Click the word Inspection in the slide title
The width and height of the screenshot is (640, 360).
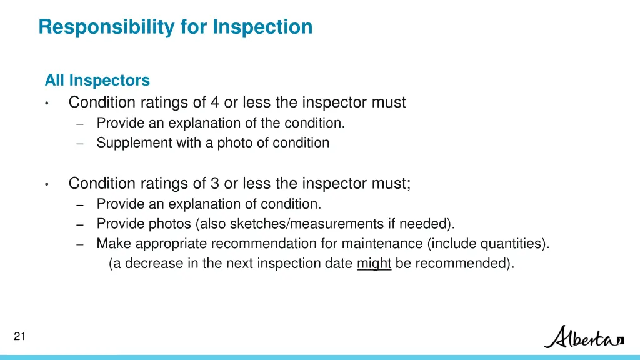pyautogui.click(x=262, y=27)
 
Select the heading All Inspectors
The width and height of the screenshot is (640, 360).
pyautogui.click(x=97, y=81)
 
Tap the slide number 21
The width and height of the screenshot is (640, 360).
pyautogui.click(x=19, y=337)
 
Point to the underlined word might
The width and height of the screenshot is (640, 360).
pyautogui.click(x=374, y=263)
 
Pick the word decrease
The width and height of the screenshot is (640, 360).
pyautogui.click(x=154, y=263)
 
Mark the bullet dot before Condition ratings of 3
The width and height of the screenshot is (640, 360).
pyautogui.click(x=47, y=184)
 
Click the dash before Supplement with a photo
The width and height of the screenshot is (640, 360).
pyautogui.click(x=80, y=143)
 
